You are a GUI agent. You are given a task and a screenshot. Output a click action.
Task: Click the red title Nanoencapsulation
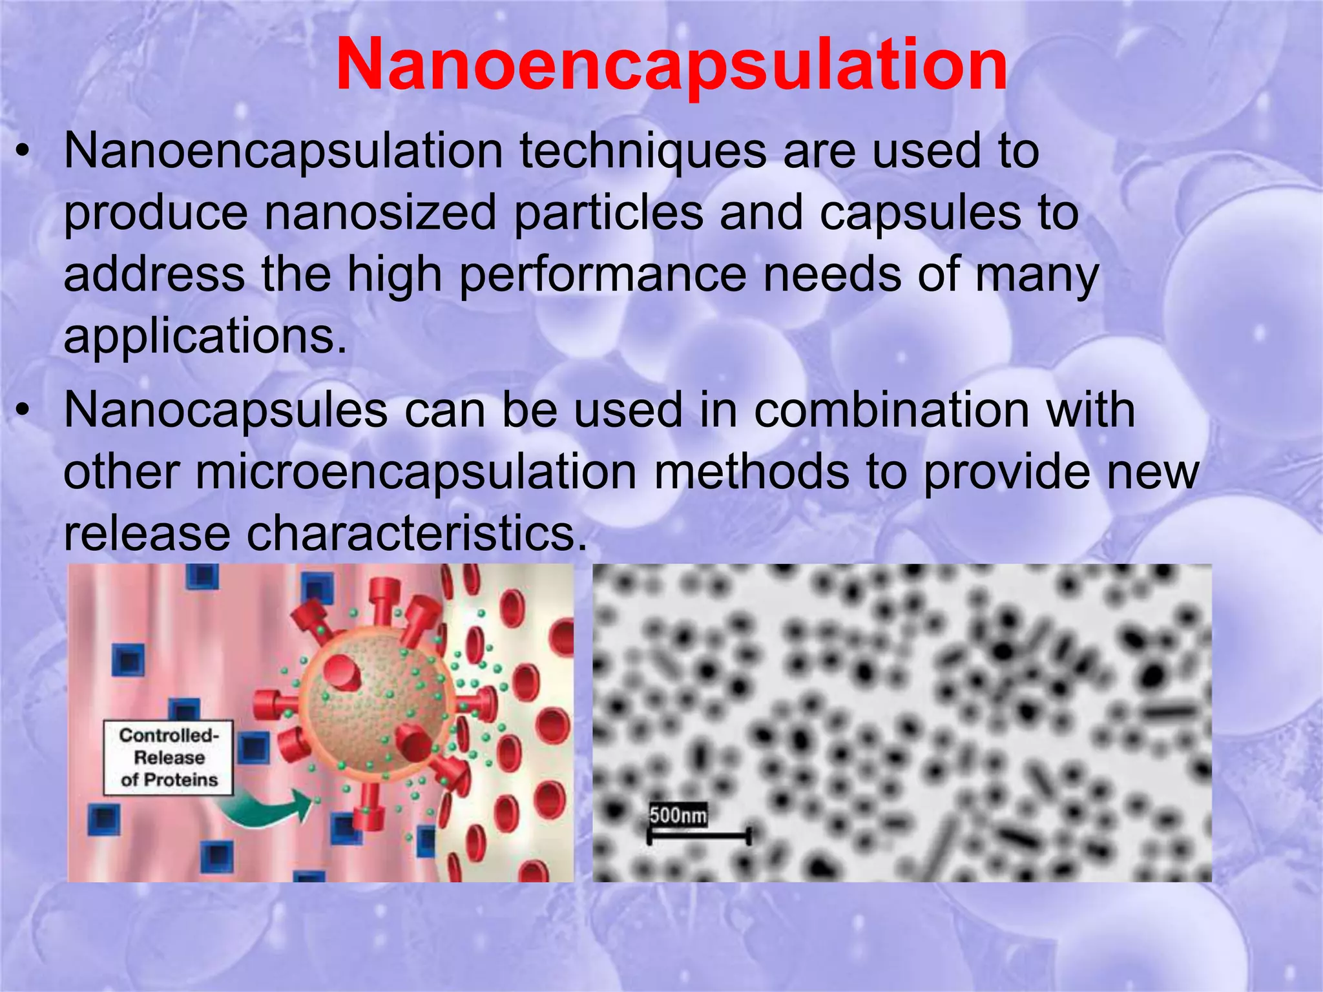[671, 66]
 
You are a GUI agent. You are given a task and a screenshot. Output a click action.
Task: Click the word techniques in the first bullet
[643, 152]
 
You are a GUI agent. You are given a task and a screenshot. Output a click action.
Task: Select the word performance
[602, 276]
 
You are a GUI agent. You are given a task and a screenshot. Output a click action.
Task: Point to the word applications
[205, 336]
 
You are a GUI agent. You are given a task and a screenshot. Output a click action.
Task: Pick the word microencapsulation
[416, 473]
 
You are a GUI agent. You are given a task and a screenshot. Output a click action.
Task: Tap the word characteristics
[417, 534]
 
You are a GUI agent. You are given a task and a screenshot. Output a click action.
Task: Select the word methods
[751, 473]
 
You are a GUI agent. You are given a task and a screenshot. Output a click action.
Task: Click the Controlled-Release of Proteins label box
[169, 758]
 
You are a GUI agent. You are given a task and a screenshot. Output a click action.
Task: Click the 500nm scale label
[678, 815]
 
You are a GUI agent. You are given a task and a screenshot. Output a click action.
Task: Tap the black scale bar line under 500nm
[699, 837]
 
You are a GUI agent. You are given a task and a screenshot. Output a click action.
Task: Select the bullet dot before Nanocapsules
[23, 411]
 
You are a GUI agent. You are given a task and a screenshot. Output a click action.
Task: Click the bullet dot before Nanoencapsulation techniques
[23, 153]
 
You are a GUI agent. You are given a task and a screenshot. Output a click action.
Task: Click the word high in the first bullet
[394, 276]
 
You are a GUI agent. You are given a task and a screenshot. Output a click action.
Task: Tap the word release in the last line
[147, 534]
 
